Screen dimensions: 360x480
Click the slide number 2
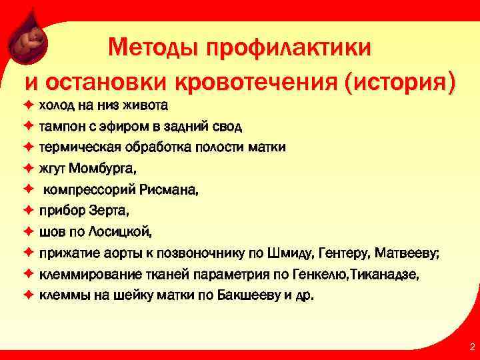pyautogui.click(x=472, y=347)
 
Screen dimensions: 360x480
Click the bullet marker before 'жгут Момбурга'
pyautogui.click(x=29, y=168)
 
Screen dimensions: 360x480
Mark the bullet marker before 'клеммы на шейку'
pyautogui.click(x=29, y=295)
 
